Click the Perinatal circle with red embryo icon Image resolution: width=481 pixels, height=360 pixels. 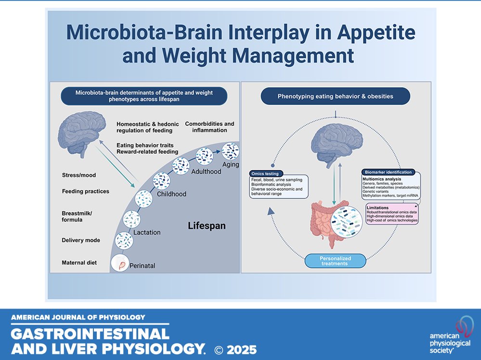(120, 264)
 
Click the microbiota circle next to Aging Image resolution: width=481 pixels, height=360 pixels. (231, 151)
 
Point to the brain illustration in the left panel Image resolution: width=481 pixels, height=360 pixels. (80, 131)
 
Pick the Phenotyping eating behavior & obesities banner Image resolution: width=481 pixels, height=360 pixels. (335, 96)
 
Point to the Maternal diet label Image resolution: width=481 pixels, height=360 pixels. (79, 263)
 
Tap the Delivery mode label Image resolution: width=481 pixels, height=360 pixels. (81, 240)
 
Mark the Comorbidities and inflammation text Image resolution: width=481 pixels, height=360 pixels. (209, 128)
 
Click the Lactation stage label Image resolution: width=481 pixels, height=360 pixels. (147, 232)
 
